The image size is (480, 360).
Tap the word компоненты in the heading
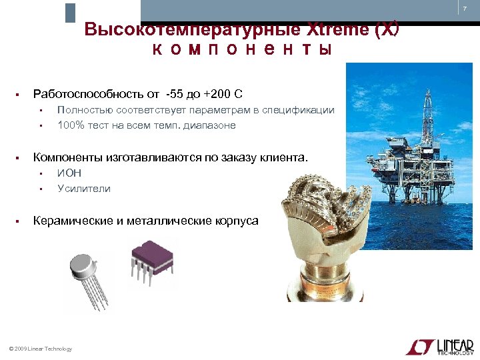[242, 50]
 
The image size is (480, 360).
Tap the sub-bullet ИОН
[69, 173]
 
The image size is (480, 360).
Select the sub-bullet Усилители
[84, 189]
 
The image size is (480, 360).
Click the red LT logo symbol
[419, 346]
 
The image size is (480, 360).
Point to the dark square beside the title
[70, 13]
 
